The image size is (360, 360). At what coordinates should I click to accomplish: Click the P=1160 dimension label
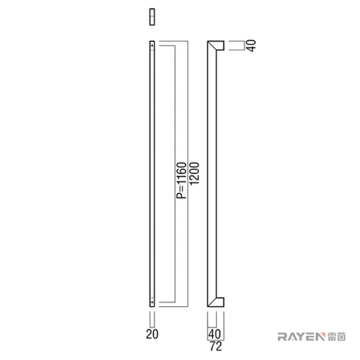181,180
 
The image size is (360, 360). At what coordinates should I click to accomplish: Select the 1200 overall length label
194,173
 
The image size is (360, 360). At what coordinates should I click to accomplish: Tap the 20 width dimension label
153,334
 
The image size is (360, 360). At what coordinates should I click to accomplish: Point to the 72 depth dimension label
216,346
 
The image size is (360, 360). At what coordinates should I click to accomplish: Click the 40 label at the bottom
215,334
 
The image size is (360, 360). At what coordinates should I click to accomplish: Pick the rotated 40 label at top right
252,46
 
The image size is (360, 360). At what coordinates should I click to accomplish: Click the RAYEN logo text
301,337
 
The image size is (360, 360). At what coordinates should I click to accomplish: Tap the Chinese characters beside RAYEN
336,337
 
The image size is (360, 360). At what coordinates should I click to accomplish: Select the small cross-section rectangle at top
152,17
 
